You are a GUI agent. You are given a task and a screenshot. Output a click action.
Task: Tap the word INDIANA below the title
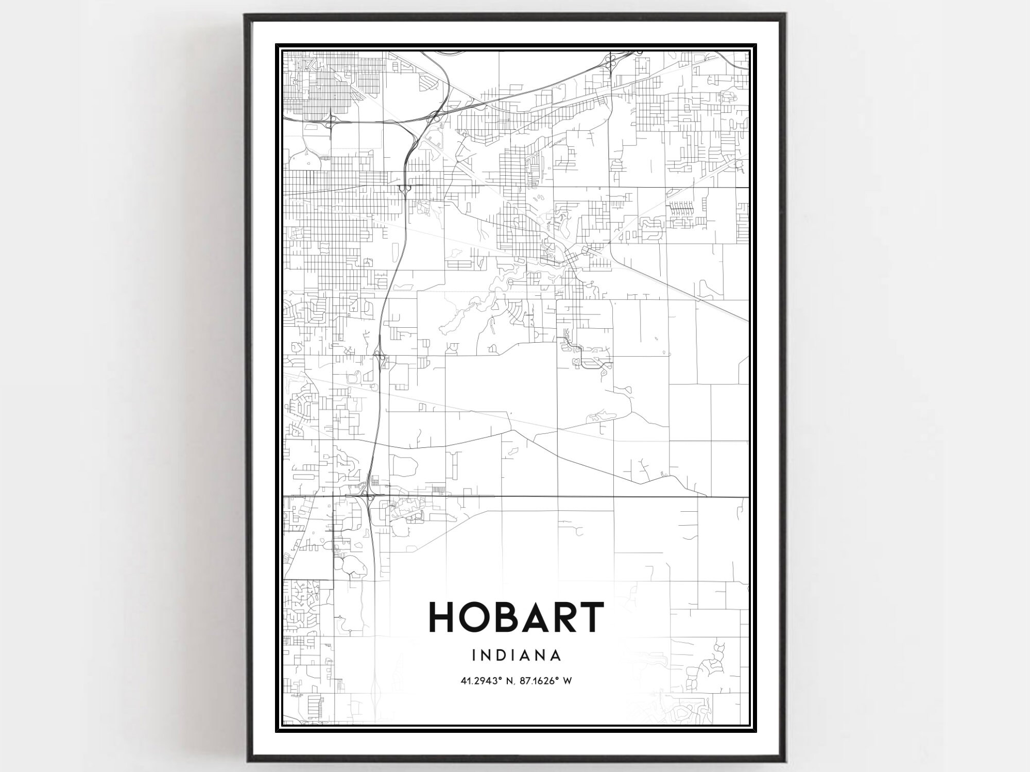click(516, 656)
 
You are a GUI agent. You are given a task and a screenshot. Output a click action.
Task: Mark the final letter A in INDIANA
click(556, 656)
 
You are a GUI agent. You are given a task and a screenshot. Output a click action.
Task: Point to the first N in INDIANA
click(485, 656)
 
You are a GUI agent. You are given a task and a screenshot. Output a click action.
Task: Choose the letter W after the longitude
click(568, 681)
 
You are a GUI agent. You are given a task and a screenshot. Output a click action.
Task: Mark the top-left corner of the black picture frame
click(245, 14)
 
